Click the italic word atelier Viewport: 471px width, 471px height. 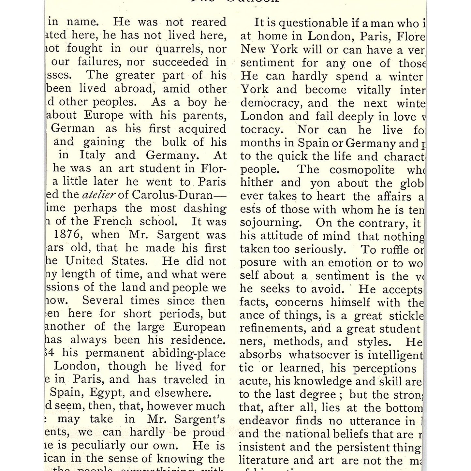point(99,195)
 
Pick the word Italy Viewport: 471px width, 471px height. point(92,155)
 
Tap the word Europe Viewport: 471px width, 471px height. point(104,115)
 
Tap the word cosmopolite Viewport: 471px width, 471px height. point(362,170)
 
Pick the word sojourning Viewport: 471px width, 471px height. point(270,223)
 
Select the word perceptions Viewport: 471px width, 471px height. point(385,368)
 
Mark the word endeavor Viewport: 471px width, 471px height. point(264,421)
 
